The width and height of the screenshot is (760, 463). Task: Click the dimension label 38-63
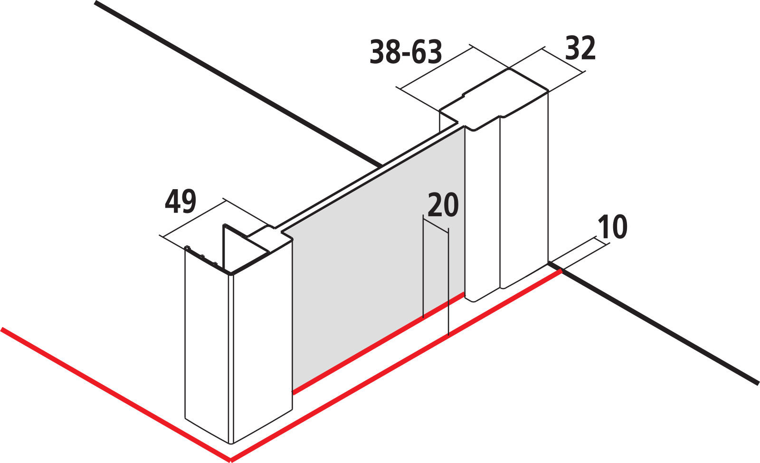click(406, 52)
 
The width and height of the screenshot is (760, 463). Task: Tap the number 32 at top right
click(580, 48)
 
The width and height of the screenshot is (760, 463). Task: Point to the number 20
click(443, 205)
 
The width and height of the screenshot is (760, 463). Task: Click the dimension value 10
click(612, 227)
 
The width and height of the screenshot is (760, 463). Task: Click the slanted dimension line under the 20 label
click(436, 224)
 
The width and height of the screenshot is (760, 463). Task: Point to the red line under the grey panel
click(378, 343)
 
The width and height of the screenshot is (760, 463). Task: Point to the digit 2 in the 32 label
click(588, 48)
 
